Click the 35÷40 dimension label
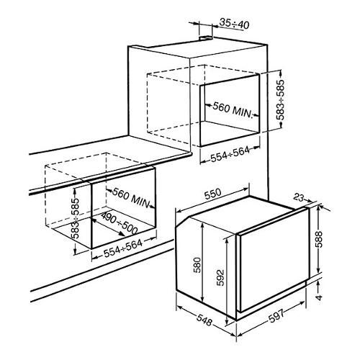(235, 24)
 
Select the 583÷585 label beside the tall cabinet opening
(280, 100)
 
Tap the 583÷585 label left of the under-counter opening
(76, 218)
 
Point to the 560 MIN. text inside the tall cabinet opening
(233, 110)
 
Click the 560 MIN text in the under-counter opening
(132, 198)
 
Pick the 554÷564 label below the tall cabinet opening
(230, 154)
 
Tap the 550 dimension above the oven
(212, 194)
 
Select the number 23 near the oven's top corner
(298, 198)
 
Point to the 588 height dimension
(319, 239)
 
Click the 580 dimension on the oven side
(197, 265)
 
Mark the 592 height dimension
(220, 278)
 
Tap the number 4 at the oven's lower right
(319, 297)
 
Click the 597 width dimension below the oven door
(276, 316)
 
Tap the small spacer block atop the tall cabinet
(206, 37)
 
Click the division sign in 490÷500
(120, 224)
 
